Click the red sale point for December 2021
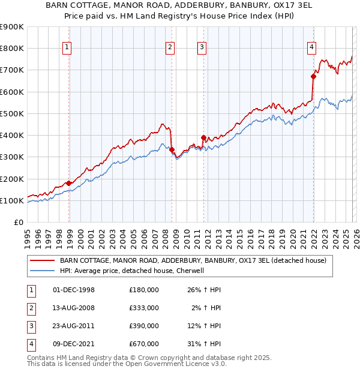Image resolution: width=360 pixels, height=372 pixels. click(x=313, y=76)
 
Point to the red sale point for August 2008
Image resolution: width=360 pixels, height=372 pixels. click(x=172, y=149)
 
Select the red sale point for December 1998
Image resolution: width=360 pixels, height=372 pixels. click(x=69, y=183)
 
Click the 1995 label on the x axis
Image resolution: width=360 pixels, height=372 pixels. click(x=28, y=238)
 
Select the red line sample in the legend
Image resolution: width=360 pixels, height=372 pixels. click(x=43, y=260)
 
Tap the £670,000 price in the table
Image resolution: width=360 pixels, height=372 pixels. click(x=144, y=344)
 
